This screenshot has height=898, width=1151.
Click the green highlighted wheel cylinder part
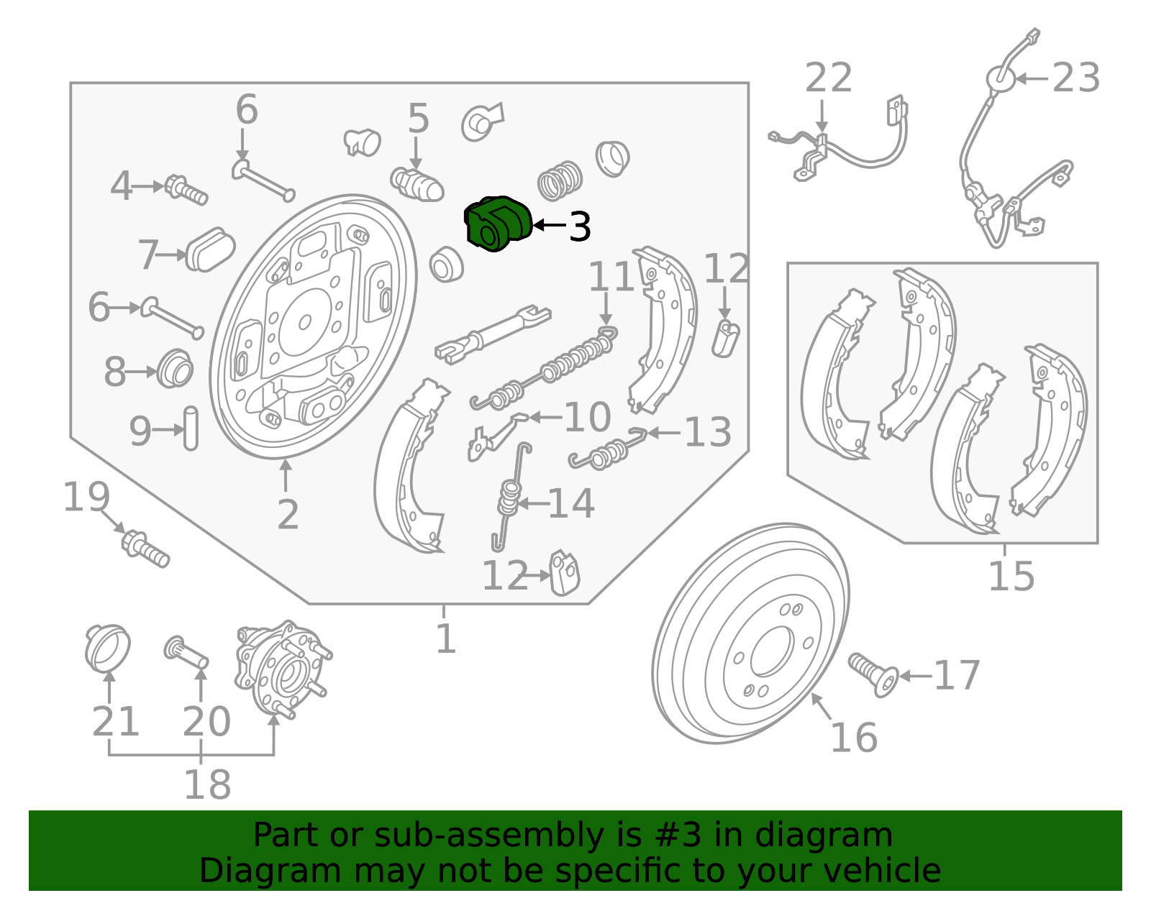[498, 224]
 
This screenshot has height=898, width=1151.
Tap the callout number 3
[579, 226]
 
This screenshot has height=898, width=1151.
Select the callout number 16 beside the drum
[853, 738]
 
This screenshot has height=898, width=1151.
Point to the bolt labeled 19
[145, 548]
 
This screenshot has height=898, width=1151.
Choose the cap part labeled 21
[107, 646]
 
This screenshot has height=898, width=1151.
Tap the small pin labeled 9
[191, 429]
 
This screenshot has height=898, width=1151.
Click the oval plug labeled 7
[209, 249]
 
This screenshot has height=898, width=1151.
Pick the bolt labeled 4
[186, 189]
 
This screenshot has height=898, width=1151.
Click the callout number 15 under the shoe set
[1011, 577]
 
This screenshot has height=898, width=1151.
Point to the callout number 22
[828, 78]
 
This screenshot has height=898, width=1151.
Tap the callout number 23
[1075, 78]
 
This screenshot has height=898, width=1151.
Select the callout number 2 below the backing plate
[288, 515]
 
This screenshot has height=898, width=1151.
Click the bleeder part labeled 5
[417, 184]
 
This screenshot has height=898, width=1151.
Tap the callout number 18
[207, 784]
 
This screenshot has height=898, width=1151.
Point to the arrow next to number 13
[663, 433]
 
